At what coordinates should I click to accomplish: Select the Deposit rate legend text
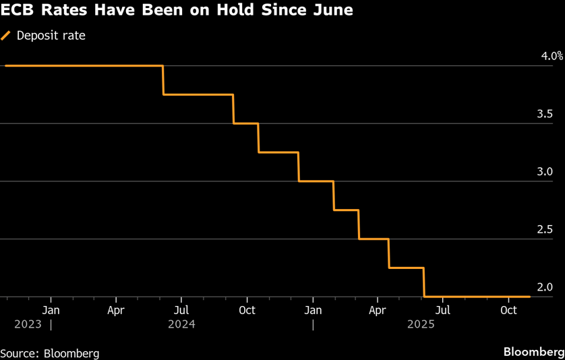51,36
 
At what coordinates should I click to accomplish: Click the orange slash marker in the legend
7,36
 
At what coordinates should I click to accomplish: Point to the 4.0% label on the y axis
552,57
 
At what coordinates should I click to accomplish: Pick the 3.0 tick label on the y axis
545,172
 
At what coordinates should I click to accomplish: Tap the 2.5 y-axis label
545,230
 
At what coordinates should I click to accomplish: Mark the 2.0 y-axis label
545,287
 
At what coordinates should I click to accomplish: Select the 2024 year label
182,324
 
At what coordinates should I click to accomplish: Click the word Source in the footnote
20,353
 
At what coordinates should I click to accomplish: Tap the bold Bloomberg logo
533,353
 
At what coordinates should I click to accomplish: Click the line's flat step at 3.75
198,94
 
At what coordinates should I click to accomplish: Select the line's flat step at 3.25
278,152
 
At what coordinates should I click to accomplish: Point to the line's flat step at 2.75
345,210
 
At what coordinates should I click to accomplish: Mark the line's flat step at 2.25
406,268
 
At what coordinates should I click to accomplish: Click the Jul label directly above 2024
181,311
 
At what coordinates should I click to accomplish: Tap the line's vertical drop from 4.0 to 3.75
163,80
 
